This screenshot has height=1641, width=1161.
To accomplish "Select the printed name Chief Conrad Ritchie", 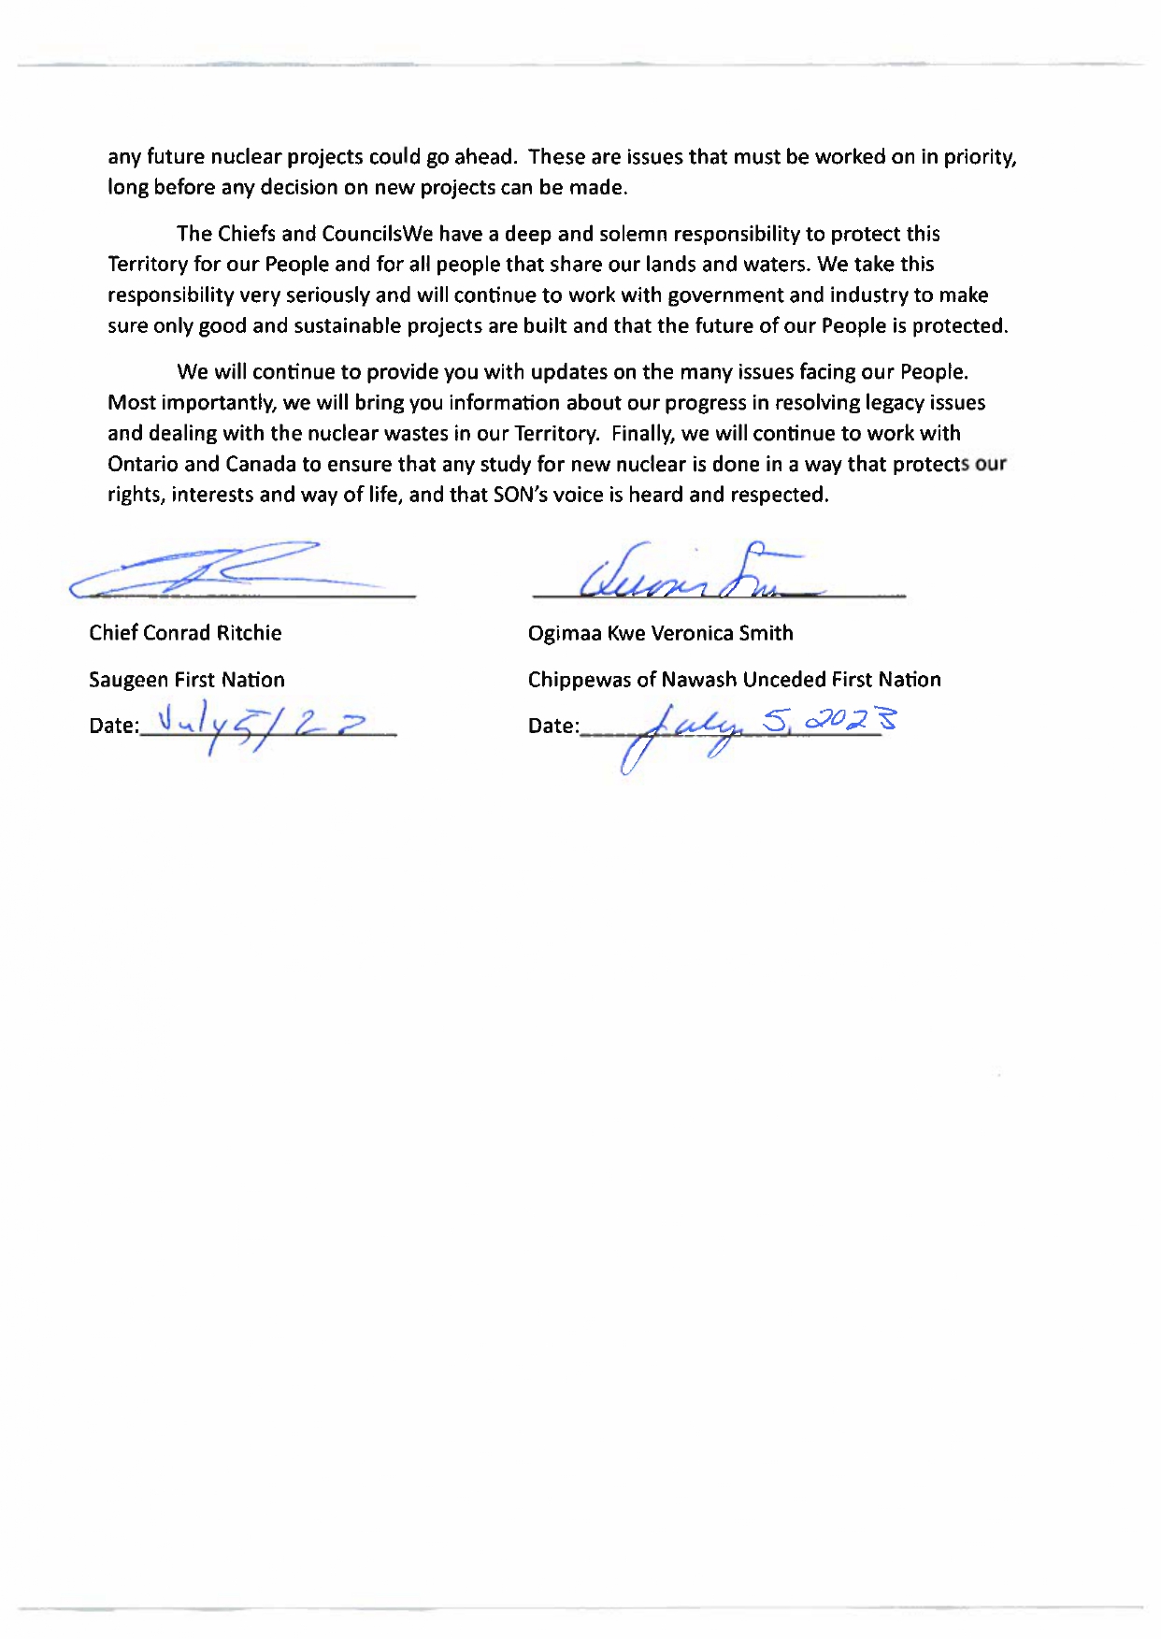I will pos(185,633).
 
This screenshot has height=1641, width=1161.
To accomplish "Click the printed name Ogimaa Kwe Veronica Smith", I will pos(660,633).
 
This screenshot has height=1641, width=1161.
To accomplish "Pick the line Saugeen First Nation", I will pos(187,680).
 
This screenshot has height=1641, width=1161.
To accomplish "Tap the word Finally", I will pos(643,434).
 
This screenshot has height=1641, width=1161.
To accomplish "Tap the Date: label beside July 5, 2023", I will pos(553,726).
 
